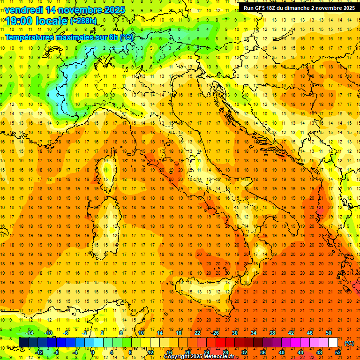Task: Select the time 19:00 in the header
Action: [x=19, y=21]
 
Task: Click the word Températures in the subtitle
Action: [x=29, y=37]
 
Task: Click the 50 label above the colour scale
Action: [x=329, y=333]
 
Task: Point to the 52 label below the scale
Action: [x=338, y=352]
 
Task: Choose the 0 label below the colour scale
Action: [x=93, y=352]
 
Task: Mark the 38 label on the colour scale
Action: [x=272, y=333]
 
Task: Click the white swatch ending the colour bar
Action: [x=333, y=343]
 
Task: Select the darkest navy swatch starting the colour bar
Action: [x=23, y=343]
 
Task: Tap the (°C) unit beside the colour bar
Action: [x=349, y=343]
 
